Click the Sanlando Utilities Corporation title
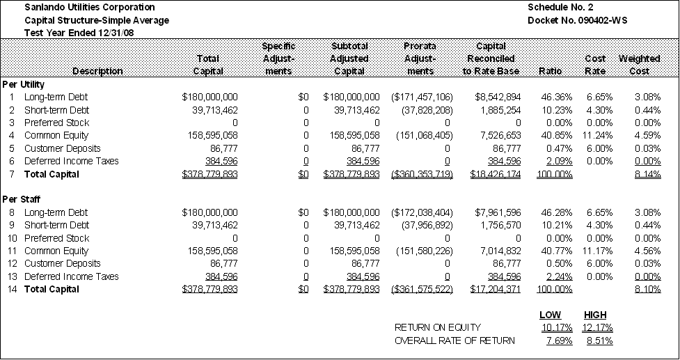89,8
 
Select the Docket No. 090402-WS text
577,20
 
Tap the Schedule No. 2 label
560,8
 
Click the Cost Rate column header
595,65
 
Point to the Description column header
97,71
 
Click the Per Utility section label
24,84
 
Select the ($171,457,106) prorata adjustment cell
422,97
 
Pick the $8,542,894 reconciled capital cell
498,97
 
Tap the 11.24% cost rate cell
598,135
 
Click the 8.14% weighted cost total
648,174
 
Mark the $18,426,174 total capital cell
496,174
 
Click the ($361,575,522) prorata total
422,289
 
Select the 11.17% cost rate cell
598,251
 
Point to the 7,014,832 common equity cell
502,251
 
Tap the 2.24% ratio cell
560,276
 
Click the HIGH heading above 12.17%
595,315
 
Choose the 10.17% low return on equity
557,327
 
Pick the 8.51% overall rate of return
600,341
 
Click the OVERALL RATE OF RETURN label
455,341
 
